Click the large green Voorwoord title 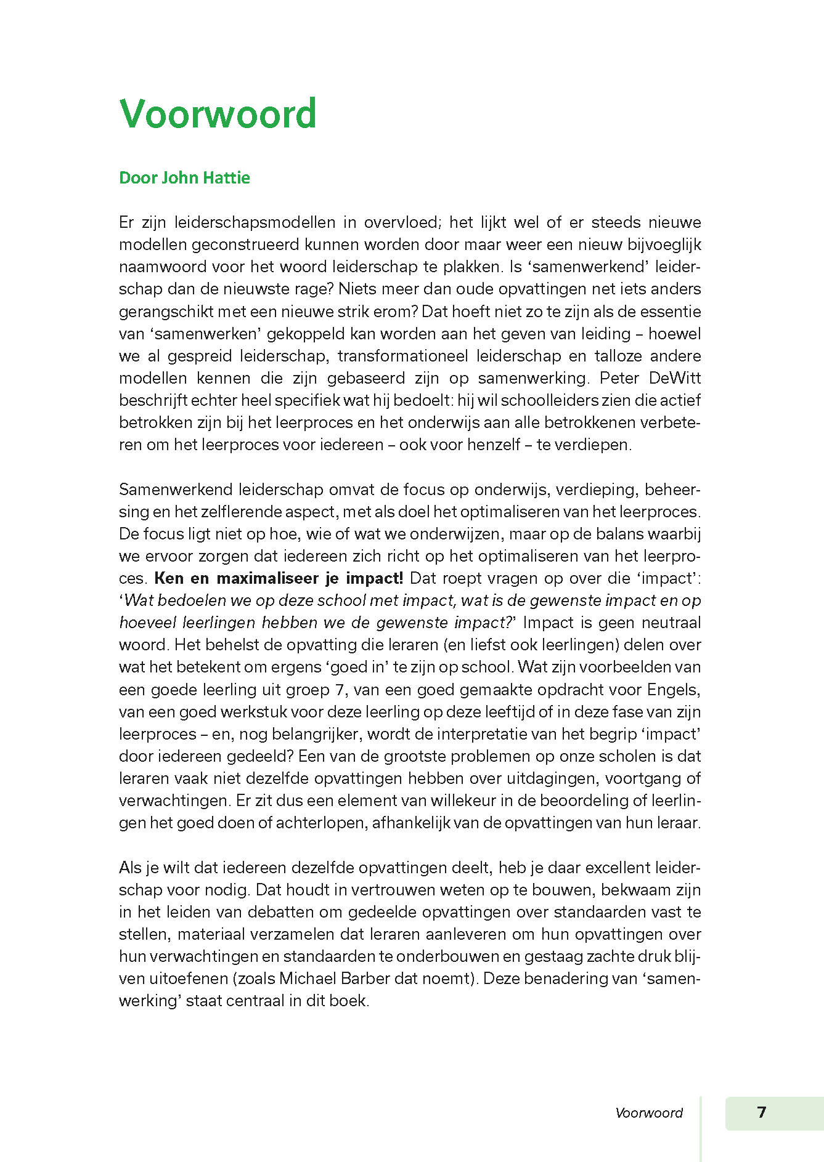pyautogui.click(x=218, y=114)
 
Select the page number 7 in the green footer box pyautogui.click(x=762, y=1112)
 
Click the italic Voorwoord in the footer pyautogui.click(x=649, y=1113)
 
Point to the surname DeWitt pyautogui.click(x=675, y=378)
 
